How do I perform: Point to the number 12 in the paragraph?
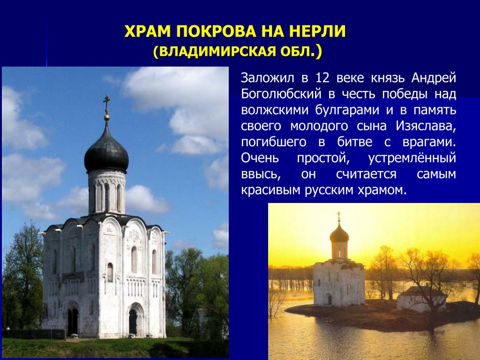(x=322, y=78)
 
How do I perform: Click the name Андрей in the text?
(x=434, y=78)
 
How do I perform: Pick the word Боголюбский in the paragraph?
(x=281, y=94)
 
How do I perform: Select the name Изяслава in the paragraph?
(x=426, y=126)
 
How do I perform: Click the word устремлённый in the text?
(x=412, y=158)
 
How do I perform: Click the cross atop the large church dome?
(x=106, y=104)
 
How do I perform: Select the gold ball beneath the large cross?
(x=106, y=117)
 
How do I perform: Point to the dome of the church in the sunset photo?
(x=339, y=234)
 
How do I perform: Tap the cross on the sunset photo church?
(x=339, y=216)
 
